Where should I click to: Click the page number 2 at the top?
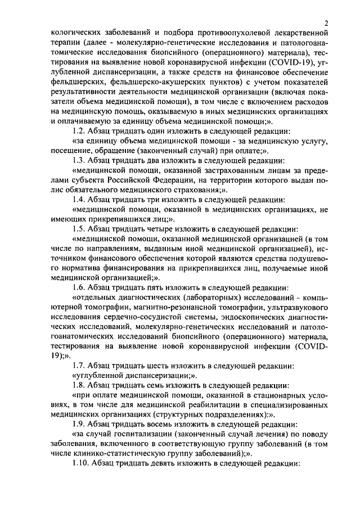tap(326, 23)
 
